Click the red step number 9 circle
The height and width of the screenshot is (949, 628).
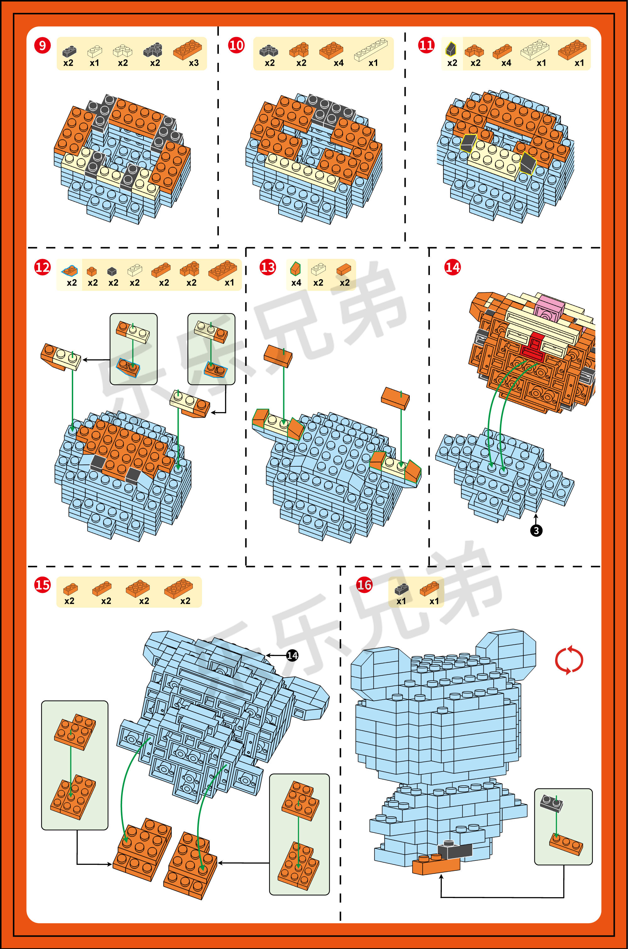(42, 45)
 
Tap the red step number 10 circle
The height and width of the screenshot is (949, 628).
(236, 45)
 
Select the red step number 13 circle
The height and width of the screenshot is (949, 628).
(268, 267)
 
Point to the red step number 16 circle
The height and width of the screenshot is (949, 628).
(364, 585)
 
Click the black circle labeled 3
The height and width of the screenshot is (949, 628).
(536, 531)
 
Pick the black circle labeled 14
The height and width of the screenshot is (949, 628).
(292, 655)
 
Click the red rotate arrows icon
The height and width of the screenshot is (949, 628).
(569, 660)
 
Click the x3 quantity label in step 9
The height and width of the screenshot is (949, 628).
(194, 63)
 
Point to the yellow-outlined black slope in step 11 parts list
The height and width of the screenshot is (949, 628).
(451, 49)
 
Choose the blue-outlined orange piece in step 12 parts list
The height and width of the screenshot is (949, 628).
(70, 271)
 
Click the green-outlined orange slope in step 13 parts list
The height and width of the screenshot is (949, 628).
(295, 269)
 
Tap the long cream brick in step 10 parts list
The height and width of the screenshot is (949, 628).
(371, 50)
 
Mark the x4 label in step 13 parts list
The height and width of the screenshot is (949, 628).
(296, 283)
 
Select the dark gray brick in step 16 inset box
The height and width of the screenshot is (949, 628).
(551, 802)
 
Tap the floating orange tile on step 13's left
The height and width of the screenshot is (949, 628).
(278, 355)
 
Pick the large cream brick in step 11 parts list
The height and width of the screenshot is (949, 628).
(535, 50)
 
